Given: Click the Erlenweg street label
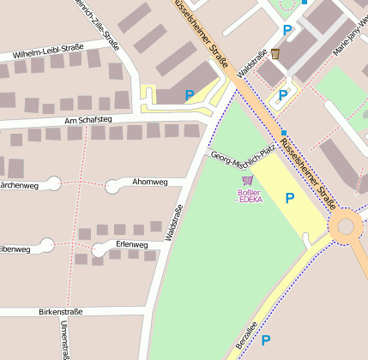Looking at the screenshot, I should (131, 245).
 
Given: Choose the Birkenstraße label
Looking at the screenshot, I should (60, 312).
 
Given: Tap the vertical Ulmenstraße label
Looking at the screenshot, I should (64, 339).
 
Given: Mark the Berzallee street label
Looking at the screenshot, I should (243, 340).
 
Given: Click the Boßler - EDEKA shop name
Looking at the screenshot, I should (250, 195).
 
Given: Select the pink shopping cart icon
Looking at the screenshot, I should (249, 180).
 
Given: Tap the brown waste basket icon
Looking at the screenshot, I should (275, 54).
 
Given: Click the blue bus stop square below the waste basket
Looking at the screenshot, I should (284, 132).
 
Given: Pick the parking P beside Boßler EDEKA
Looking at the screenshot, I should (290, 198).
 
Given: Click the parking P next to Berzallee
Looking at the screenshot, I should (266, 340).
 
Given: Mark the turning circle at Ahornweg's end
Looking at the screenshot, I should (112, 185).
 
